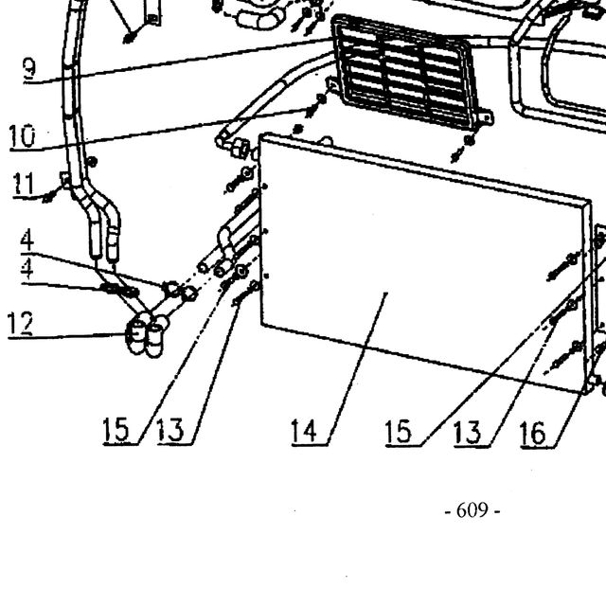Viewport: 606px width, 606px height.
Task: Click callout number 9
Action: pyautogui.click(x=29, y=68)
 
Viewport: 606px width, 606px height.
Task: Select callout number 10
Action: pyautogui.click(x=23, y=136)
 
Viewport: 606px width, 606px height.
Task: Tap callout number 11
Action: pyautogui.click(x=24, y=184)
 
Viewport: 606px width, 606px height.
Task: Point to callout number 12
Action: pyautogui.click(x=20, y=323)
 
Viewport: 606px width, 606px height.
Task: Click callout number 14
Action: pyautogui.click(x=304, y=431)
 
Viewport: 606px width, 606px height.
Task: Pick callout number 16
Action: pyautogui.click(x=532, y=433)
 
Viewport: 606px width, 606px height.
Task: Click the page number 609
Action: pyautogui.click(x=472, y=510)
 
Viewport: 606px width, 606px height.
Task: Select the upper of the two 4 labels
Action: pyautogui.click(x=27, y=241)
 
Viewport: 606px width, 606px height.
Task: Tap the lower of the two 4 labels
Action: pyautogui.click(x=27, y=269)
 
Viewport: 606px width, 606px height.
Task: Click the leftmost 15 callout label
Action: pyautogui.click(x=116, y=430)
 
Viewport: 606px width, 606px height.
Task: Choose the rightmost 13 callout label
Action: pyautogui.click(x=467, y=432)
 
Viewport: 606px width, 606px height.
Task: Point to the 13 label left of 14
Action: pyautogui.click(x=170, y=430)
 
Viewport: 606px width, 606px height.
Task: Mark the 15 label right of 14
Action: pyautogui.click(x=399, y=432)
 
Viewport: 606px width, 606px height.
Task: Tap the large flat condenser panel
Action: pyautogui.click(x=425, y=263)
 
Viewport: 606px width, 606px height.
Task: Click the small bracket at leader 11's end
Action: pyautogui.click(x=65, y=180)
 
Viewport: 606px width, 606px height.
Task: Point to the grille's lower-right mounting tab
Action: pyautogui.click(x=486, y=117)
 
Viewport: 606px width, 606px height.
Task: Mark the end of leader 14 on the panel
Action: pyautogui.click(x=387, y=293)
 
